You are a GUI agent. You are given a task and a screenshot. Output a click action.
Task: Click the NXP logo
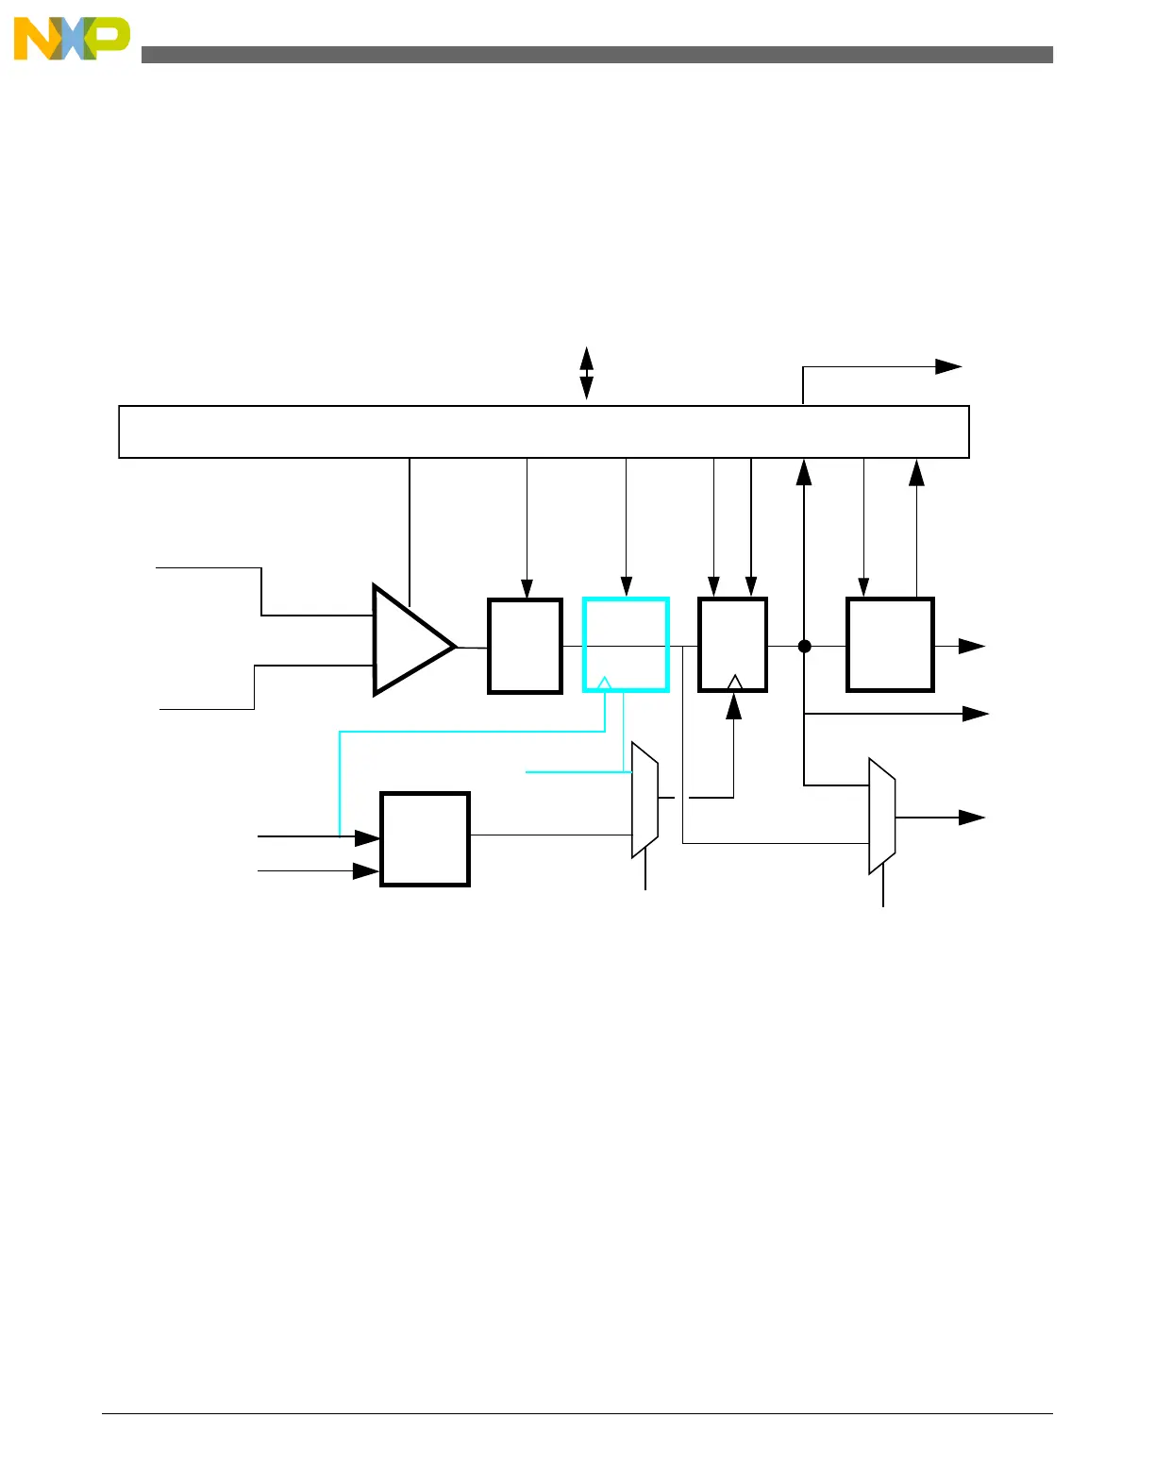(x=72, y=40)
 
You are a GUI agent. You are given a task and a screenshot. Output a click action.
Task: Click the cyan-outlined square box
(x=626, y=645)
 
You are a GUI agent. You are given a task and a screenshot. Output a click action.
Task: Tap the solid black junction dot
(x=804, y=646)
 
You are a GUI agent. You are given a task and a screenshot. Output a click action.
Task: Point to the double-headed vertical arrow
(x=586, y=373)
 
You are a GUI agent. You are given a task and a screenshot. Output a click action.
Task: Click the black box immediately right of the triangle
(x=525, y=646)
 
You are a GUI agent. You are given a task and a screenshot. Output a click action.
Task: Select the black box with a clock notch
(x=732, y=644)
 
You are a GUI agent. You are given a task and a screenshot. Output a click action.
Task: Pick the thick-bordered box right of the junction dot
(x=890, y=645)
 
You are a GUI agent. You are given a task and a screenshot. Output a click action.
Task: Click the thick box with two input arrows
(x=425, y=839)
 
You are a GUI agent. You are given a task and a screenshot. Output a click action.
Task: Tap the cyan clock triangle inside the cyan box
(x=605, y=683)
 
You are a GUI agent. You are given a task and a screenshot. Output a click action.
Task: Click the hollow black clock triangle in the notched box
(x=735, y=682)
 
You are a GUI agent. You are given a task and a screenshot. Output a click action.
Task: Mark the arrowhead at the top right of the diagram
(x=948, y=366)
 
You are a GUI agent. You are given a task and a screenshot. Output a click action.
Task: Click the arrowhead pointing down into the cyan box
(x=626, y=587)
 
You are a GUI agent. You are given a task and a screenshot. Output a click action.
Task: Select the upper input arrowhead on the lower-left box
(x=367, y=837)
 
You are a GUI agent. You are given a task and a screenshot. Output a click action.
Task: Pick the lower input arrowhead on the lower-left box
(x=365, y=871)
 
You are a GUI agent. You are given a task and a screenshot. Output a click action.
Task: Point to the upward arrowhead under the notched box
(x=733, y=706)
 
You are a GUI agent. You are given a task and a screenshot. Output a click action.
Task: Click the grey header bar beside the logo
(x=596, y=55)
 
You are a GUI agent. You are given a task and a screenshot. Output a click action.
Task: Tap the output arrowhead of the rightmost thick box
(x=972, y=646)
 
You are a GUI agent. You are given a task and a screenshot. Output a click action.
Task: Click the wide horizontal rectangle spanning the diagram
(x=544, y=431)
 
